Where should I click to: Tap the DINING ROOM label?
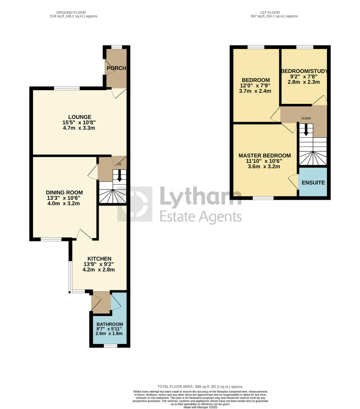[x=64, y=193]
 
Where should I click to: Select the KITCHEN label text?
[x=99, y=259]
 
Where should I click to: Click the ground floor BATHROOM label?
[x=110, y=324]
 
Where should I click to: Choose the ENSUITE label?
[x=313, y=183]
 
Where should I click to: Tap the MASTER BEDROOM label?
[x=265, y=155]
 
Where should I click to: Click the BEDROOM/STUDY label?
[x=304, y=71]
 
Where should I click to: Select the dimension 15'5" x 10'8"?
[x=79, y=123]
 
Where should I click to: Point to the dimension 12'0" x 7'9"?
[x=255, y=86]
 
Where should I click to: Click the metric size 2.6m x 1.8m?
[x=109, y=334]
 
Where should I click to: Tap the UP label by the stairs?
[x=120, y=164]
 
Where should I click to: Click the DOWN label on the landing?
[x=306, y=119]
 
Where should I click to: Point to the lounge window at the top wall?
[x=67, y=88]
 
